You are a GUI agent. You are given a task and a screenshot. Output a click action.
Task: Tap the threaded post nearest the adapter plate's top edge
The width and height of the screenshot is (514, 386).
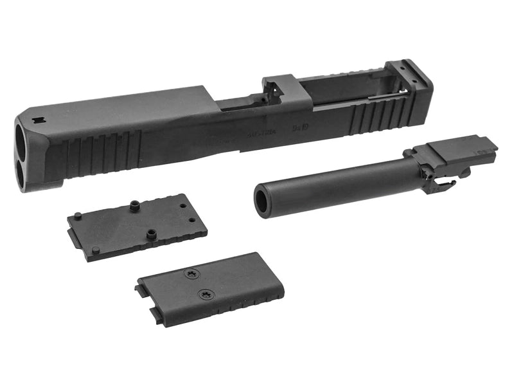tap(135, 206)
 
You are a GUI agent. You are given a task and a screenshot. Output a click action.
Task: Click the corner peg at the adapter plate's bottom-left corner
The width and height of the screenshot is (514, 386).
tap(95, 250)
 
